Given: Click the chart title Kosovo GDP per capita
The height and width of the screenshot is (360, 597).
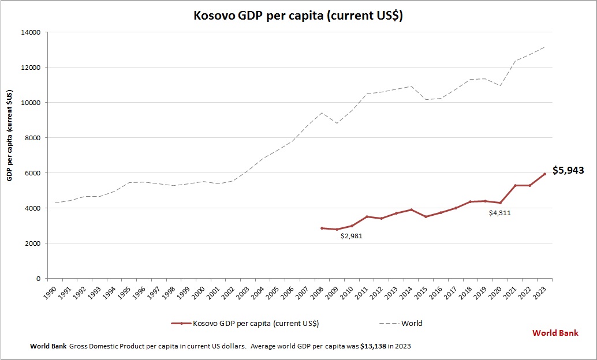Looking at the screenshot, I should point(298,16).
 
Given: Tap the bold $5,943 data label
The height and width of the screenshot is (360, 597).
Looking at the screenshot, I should point(568,170).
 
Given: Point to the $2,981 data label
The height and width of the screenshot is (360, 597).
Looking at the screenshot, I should point(350,236).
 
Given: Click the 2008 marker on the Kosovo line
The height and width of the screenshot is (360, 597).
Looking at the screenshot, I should point(322,228).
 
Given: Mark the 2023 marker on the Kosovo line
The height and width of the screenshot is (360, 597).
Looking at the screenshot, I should point(544,174).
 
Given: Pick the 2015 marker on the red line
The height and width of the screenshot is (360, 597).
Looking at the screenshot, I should point(426,216).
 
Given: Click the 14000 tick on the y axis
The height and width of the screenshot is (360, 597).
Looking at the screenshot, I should point(29,32).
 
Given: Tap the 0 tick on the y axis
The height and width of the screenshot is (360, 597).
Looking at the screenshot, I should point(38,279).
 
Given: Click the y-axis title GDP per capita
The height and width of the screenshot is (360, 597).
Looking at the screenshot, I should point(10,135).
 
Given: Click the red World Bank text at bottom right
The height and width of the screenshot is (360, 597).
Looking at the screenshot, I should point(555,333).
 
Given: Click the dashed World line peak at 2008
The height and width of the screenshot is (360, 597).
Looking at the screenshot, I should point(322,112).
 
